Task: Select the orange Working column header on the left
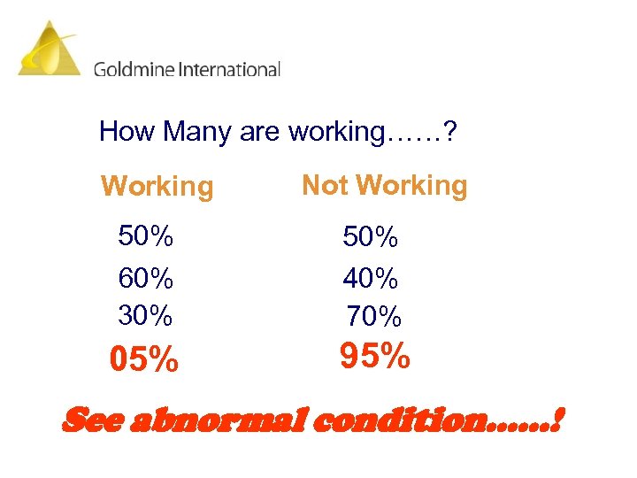click(157, 187)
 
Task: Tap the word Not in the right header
click(325, 185)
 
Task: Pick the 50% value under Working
click(146, 236)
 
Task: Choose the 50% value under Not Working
click(371, 237)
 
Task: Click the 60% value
click(146, 278)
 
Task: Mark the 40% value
click(371, 279)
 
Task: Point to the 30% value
click(146, 314)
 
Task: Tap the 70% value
click(373, 315)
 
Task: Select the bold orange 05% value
click(143, 360)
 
